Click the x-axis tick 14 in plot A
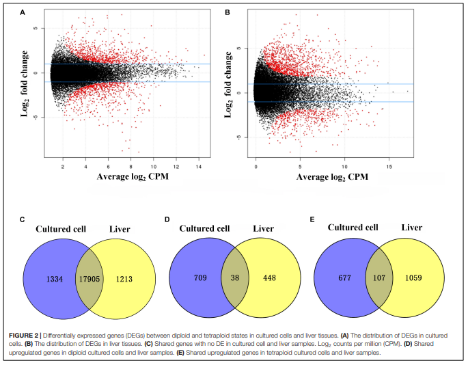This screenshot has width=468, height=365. pos(199,166)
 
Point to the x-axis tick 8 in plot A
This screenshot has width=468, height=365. pos(130,166)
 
